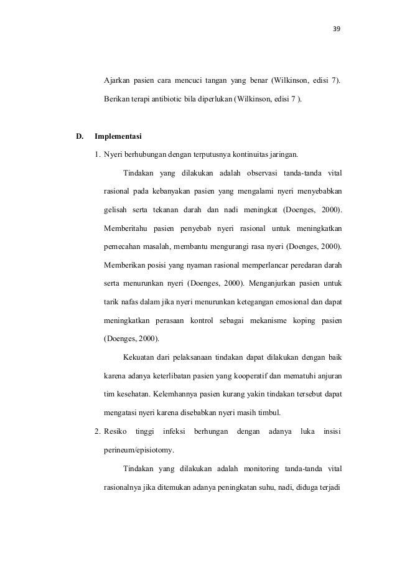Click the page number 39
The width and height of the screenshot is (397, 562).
click(x=339, y=29)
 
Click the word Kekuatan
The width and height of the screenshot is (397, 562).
click(x=141, y=357)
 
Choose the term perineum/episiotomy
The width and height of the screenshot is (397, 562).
click(x=139, y=449)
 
